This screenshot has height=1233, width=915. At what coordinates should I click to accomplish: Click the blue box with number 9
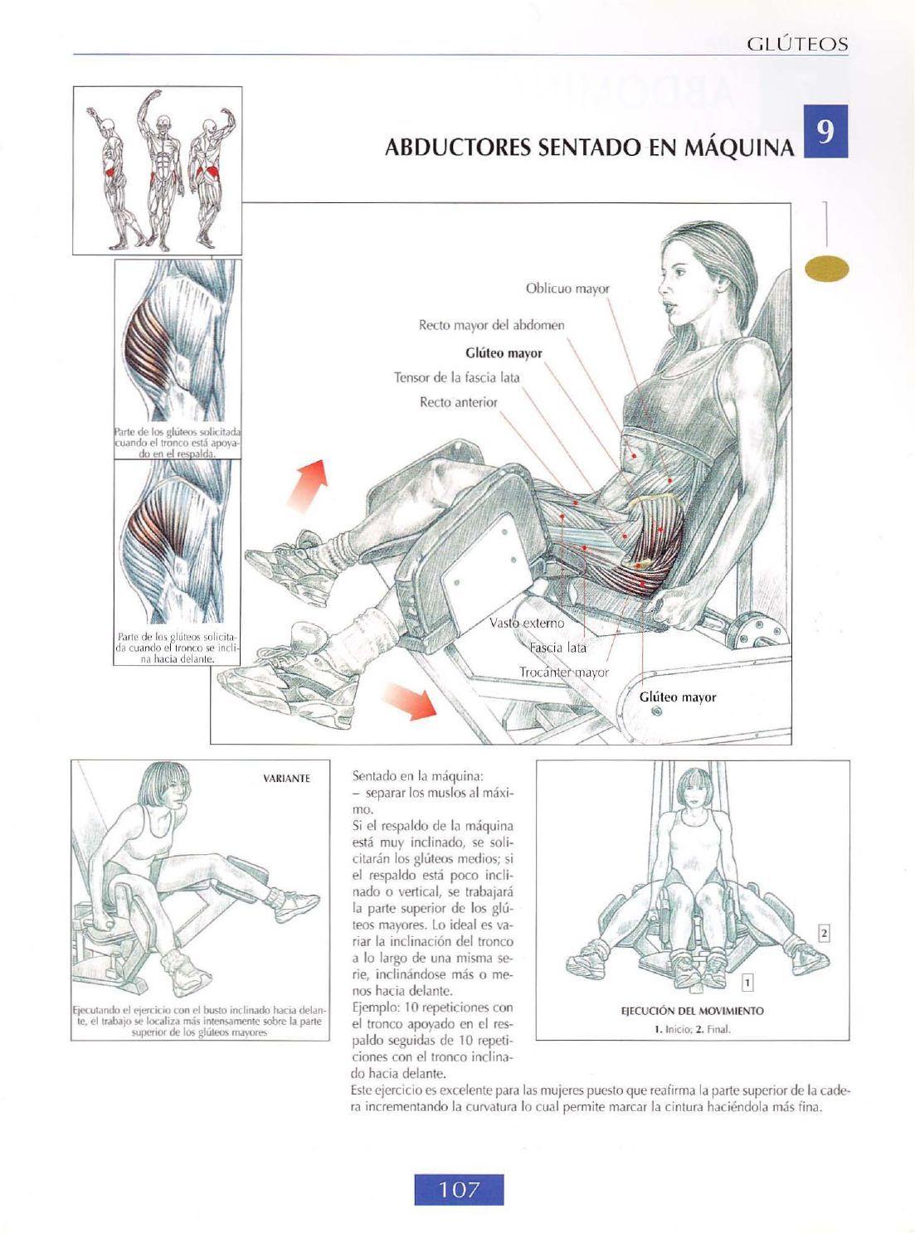[x=825, y=131]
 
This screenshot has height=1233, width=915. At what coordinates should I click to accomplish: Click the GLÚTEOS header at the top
[x=798, y=44]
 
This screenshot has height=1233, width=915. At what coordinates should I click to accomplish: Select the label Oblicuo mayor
[x=567, y=289]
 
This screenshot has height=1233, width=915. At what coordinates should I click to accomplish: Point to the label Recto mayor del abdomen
[x=491, y=325]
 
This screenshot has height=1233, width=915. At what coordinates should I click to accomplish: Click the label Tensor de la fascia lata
[x=456, y=378]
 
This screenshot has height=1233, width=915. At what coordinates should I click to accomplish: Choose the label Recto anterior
[x=459, y=402]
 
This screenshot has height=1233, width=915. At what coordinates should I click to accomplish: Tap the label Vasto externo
[x=526, y=624]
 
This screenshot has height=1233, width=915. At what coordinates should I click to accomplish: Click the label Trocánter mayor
[x=564, y=672]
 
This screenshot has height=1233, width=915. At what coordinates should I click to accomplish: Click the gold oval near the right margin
[x=827, y=269]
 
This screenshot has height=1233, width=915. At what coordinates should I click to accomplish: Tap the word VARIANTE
[x=286, y=779]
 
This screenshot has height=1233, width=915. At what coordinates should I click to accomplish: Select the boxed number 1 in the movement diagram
[x=748, y=983]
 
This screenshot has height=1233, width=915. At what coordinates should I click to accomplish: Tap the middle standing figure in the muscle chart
[x=161, y=169]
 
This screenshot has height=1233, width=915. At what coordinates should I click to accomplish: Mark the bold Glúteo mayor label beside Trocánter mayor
[x=678, y=697]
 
